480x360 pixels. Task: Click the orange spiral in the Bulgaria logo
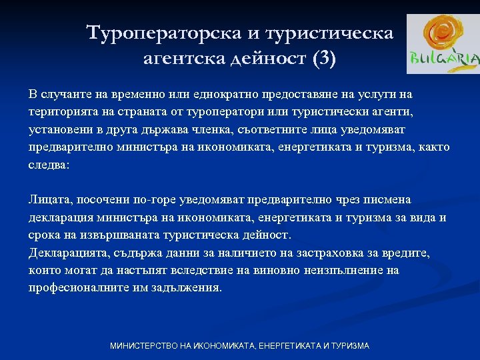coord(442,34)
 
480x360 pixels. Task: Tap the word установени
coord(59,129)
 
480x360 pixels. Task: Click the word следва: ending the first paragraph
coord(49,165)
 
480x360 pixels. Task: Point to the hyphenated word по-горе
coord(148,199)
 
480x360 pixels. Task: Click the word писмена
coord(391,199)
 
